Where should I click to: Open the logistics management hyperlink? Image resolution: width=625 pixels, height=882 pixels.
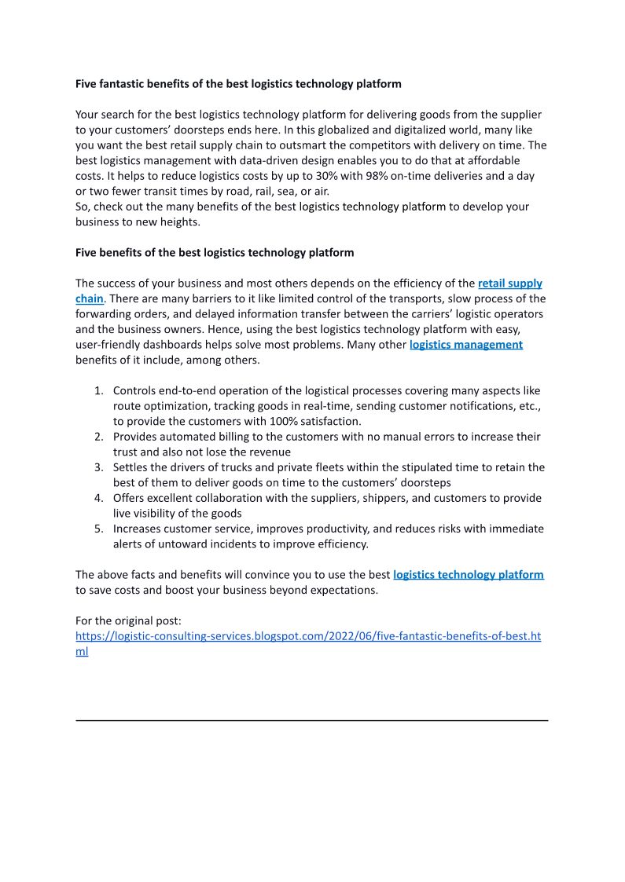[x=465, y=345]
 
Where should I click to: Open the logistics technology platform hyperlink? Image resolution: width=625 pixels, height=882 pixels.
[x=468, y=575]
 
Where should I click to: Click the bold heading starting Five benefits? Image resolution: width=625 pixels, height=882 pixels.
[x=215, y=253]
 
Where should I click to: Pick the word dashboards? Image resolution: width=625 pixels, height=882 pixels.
[x=191, y=345]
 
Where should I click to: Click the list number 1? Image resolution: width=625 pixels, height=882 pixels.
[x=98, y=390]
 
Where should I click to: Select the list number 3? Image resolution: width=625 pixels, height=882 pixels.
[x=98, y=467]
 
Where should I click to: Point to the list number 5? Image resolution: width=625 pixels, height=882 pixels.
[x=98, y=529]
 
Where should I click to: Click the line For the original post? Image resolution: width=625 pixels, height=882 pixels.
[x=128, y=620]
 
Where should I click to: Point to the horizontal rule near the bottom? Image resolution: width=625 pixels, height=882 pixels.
[x=311, y=720]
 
